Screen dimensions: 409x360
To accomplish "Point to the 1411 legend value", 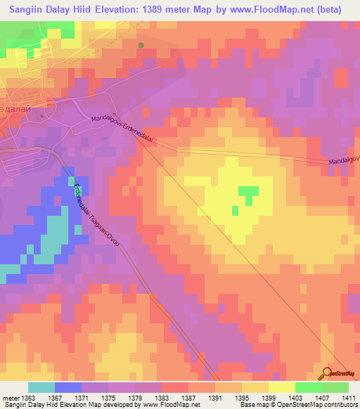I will pyautogui.click(x=347, y=397).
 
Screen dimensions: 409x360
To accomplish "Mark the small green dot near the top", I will pyautogui.click(x=141, y=45).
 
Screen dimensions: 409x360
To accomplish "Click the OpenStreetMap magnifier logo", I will pyautogui.click(x=328, y=373).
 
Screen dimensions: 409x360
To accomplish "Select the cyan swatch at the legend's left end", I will pyautogui.click(x=41, y=387).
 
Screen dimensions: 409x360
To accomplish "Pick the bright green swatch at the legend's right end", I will pyautogui.click(x=335, y=387).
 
